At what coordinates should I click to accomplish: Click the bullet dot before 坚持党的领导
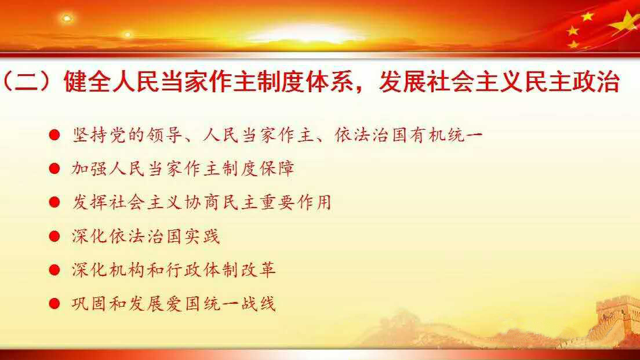pos(54,134)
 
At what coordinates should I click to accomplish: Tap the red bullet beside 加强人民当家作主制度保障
pos(54,169)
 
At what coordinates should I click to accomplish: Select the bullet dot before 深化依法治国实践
pos(54,237)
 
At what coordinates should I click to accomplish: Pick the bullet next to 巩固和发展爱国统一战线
pos(54,304)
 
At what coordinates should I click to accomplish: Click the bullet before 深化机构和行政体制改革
pos(54,270)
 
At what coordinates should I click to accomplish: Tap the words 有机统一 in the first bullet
pos(446,135)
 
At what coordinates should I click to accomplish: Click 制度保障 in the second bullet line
pos(258,169)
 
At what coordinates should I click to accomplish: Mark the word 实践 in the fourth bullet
pos(202,237)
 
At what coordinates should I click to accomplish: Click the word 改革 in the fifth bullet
pos(258,270)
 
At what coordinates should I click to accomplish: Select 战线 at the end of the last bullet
pos(258,304)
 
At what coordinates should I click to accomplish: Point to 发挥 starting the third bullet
pos(90,202)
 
